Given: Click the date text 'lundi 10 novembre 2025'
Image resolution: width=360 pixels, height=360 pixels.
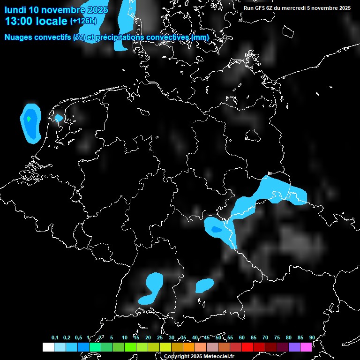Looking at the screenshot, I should [x=56, y=10].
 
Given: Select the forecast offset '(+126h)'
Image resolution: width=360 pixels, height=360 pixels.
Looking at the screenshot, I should [x=83, y=21].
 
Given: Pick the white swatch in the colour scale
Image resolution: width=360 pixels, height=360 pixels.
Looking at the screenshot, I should [x=48, y=347].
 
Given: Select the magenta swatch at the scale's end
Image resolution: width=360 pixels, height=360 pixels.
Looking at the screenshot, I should [x=306, y=347].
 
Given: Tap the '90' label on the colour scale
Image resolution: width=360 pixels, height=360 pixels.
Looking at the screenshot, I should [x=312, y=338].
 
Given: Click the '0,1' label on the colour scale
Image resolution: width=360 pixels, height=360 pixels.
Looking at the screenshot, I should [x=55, y=338].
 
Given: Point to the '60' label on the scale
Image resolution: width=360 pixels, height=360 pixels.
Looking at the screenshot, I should [x=241, y=338].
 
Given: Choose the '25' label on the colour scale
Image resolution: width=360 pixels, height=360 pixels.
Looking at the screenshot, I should [x=159, y=338].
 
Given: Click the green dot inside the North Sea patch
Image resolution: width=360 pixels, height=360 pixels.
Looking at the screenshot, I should [x=29, y=119].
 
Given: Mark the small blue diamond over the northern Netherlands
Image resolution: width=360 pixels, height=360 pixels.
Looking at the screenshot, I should [x=58, y=118].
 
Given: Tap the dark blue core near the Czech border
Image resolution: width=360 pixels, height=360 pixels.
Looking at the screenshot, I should [x=216, y=229].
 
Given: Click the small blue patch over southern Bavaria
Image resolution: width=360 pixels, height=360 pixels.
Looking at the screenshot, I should [x=204, y=285].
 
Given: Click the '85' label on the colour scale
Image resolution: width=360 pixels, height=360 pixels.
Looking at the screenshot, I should [x=300, y=338].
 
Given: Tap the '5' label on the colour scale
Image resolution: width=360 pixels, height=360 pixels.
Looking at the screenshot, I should [x=112, y=338].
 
